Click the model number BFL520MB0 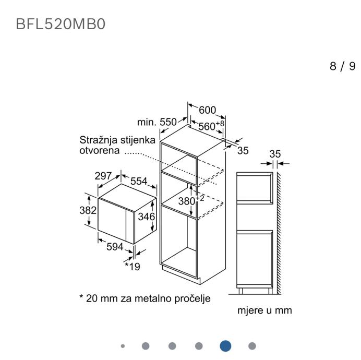coord(61,24)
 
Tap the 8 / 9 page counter coord(343,66)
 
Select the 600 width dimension coord(207,110)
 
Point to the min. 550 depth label coord(157,122)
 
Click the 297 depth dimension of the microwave coord(103,176)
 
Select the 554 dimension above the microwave coord(139,181)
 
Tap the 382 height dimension coord(88,210)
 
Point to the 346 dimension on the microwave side coord(147,217)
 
